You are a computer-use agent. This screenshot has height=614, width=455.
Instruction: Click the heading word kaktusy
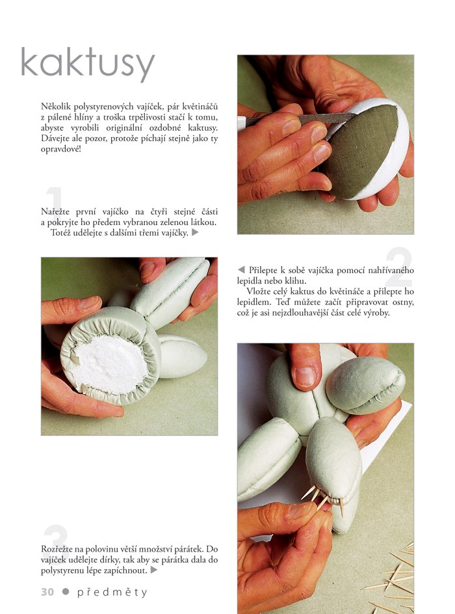click(x=88, y=64)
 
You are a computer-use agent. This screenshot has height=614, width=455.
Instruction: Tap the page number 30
click(x=47, y=592)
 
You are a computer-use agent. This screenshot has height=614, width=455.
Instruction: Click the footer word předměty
click(x=112, y=593)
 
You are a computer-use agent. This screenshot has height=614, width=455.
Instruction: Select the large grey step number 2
click(x=398, y=267)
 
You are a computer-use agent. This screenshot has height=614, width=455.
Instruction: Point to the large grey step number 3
click(x=56, y=542)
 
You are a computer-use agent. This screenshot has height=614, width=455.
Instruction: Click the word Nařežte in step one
click(x=55, y=212)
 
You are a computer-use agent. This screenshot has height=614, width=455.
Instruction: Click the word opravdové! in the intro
click(x=60, y=150)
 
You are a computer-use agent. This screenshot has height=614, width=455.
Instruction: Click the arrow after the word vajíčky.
click(x=195, y=233)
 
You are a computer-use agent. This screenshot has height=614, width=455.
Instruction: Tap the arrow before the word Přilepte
click(x=241, y=270)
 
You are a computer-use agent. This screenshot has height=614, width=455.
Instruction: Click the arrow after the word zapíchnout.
click(x=154, y=570)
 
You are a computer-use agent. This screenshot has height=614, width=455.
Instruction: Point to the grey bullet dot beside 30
click(x=66, y=592)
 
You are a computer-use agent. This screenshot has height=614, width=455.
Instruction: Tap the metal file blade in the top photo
click(x=301, y=119)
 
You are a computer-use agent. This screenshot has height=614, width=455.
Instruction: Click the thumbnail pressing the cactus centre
click(x=305, y=377)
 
